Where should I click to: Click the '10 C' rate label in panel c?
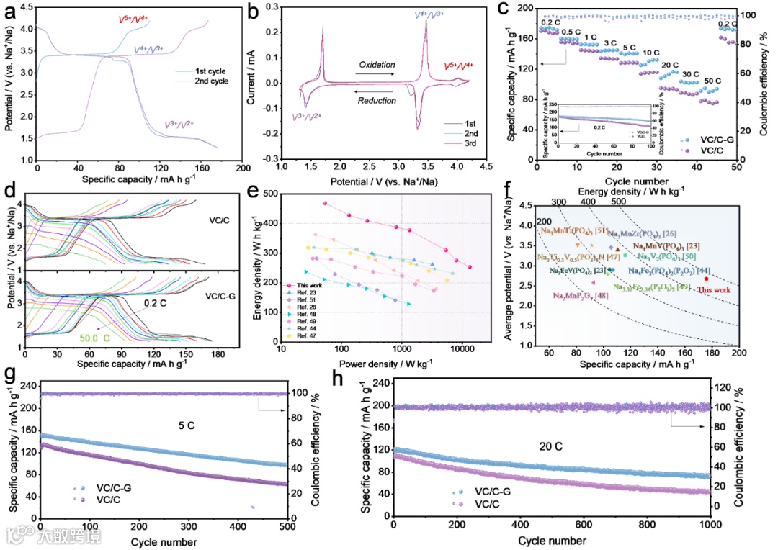tap(650, 53)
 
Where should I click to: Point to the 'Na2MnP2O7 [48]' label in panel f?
tap(581, 296)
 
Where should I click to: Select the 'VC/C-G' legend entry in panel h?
tap(492, 492)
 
